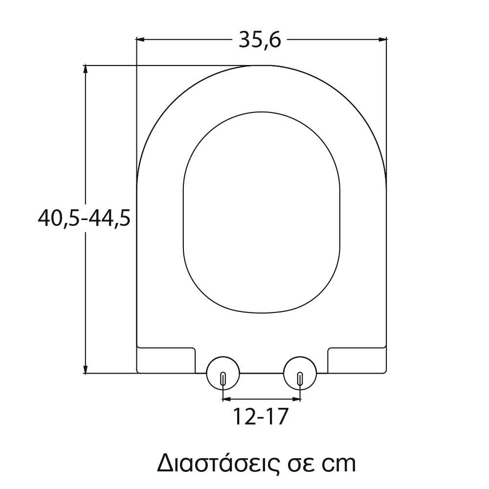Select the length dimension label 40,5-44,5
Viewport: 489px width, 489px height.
click(x=84, y=218)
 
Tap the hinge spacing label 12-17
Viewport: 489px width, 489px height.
click(x=261, y=417)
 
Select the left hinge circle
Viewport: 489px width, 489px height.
click(x=223, y=373)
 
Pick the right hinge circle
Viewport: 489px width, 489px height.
click(x=300, y=373)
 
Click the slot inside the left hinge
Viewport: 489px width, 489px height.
click(x=223, y=378)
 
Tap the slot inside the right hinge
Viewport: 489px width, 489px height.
click(x=300, y=378)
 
